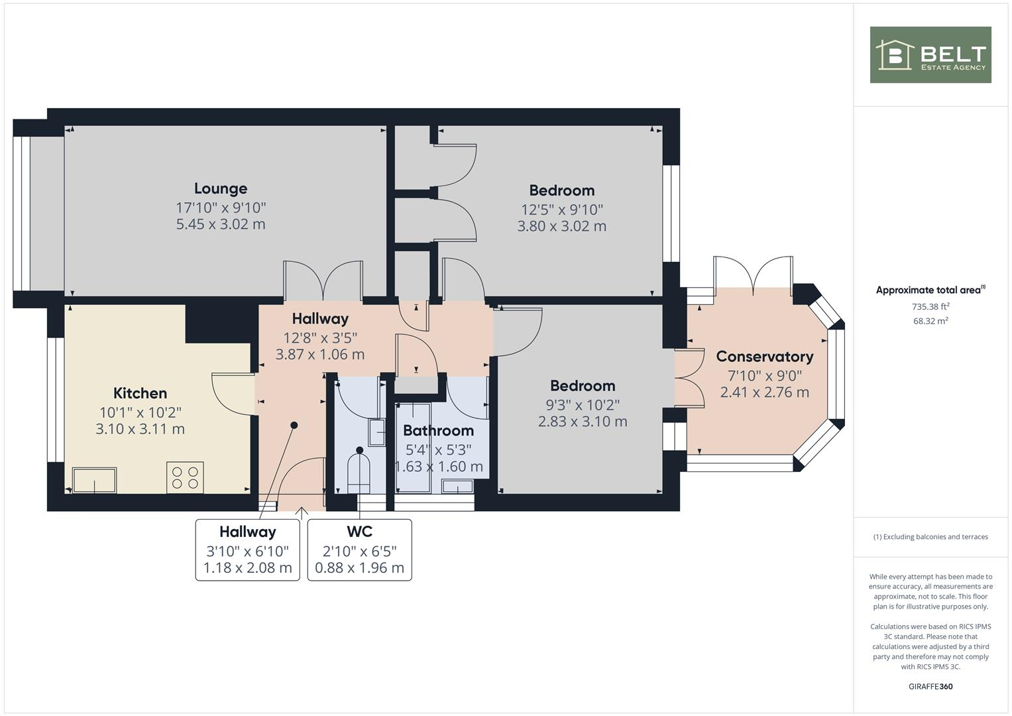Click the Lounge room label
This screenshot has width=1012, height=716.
tap(221, 188)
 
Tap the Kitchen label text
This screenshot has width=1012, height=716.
tap(140, 393)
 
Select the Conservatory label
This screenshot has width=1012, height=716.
tap(764, 357)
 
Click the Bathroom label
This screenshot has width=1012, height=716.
tap(438, 431)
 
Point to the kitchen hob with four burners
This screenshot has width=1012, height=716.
tap(185, 477)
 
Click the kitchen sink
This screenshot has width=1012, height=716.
tap(94, 481)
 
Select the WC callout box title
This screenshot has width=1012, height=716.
tap(360, 532)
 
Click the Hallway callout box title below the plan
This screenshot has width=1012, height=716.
tap(248, 532)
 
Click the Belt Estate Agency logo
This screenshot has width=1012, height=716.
tap(930, 54)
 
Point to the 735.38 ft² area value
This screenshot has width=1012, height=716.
tap(930, 306)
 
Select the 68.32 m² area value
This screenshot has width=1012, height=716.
tap(930, 321)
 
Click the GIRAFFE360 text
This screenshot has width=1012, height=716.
tap(930, 686)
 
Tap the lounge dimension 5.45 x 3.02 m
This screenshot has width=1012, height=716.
tap(221, 224)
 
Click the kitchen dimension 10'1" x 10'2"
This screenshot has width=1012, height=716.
tap(140, 412)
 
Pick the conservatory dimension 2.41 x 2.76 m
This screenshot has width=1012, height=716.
tap(764, 392)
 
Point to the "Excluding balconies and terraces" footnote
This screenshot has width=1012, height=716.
tap(930, 537)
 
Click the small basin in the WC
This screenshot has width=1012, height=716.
tap(377, 432)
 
